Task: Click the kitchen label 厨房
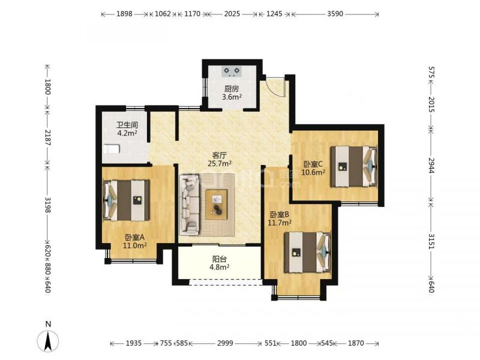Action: click(232, 89)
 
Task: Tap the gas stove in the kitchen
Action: click(232, 71)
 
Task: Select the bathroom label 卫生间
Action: click(127, 125)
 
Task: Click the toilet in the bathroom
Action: click(111, 149)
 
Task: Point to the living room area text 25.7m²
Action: click(220, 163)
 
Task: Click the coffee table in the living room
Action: click(217, 205)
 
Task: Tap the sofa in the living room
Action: click(190, 204)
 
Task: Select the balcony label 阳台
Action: click(220, 259)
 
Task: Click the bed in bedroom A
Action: click(127, 200)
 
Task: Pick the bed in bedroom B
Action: click(308, 253)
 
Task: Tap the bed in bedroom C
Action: click(353, 166)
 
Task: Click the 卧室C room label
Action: click(313, 164)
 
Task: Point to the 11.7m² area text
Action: click(280, 223)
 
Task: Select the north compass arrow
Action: click(48, 341)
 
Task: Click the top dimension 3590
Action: click(335, 14)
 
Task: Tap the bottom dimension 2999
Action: click(225, 343)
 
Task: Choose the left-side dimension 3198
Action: click(48, 205)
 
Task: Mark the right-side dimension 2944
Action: click(431, 166)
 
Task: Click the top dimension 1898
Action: click(124, 14)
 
